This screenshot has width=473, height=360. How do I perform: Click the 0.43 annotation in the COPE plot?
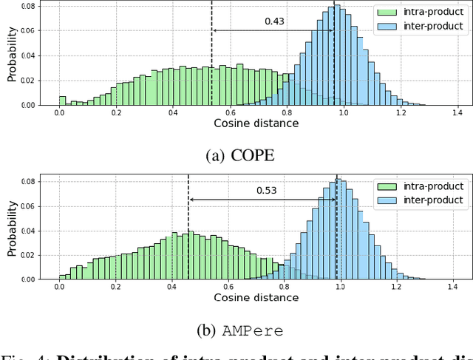point(274,21)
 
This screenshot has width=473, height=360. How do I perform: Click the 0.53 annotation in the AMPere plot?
point(267,191)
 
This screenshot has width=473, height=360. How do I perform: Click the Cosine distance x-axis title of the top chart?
point(256,123)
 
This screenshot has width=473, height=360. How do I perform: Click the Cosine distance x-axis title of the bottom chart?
point(256,297)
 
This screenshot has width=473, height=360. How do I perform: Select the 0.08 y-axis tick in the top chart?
point(29,7)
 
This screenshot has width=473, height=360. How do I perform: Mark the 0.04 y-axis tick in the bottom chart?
point(29,231)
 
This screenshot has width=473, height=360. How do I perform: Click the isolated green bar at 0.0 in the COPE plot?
point(62,101)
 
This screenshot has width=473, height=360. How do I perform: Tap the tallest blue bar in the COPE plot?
point(337,55)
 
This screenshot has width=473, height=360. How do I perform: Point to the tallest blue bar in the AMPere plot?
point(339,229)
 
